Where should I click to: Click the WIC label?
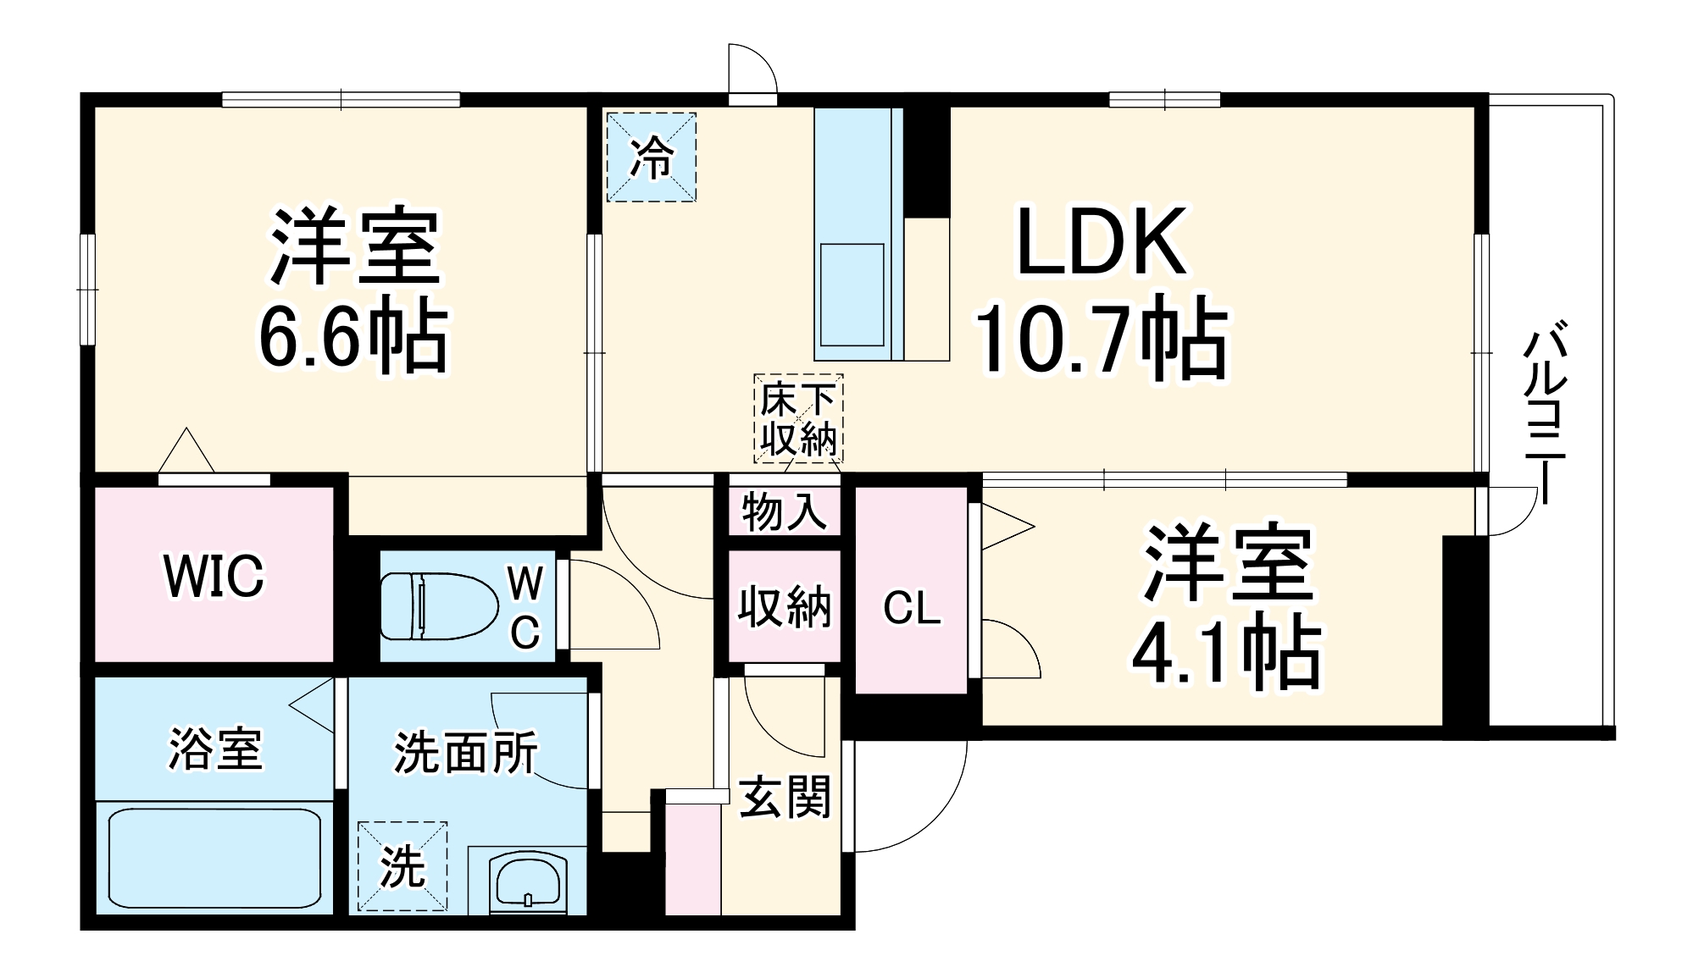click(214, 576)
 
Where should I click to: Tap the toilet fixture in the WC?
click(437, 606)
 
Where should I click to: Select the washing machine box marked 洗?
click(402, 866)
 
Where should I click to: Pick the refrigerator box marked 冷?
click(651, 157)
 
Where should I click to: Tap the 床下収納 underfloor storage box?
click(798, 419)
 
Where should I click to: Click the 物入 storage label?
click(784, 511)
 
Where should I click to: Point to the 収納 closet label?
click(784, 606)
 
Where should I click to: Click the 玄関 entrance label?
click(785, 797)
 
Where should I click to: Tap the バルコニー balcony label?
click(1546, 412)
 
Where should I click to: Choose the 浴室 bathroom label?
click(215, 749)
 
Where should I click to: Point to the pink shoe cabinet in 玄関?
click(692, 857)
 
